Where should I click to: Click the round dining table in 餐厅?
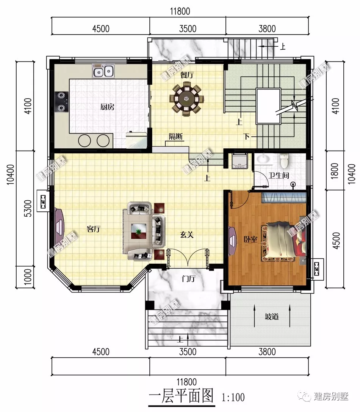click(x=186, y=99)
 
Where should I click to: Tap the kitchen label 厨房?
click(x=107, y=107)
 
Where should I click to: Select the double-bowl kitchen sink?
click(x=103, y=71)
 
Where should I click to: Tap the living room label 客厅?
click(x=94, y=229)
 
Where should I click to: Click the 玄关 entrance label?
click(x=187, y=234)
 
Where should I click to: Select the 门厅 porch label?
click(x=188, y=278)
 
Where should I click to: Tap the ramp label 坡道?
click(x=272, y=316)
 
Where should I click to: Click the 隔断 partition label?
click(x=175, y=136)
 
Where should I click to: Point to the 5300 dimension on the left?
click(x=28, y=208)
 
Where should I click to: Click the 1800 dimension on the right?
click(x=335, y=171)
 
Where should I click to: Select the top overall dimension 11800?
click(x=180, y=11)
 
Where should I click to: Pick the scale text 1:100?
click(x=233, y=397)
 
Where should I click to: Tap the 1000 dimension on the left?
click(x=28, y=277)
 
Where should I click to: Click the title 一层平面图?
click(x=181, y=396)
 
